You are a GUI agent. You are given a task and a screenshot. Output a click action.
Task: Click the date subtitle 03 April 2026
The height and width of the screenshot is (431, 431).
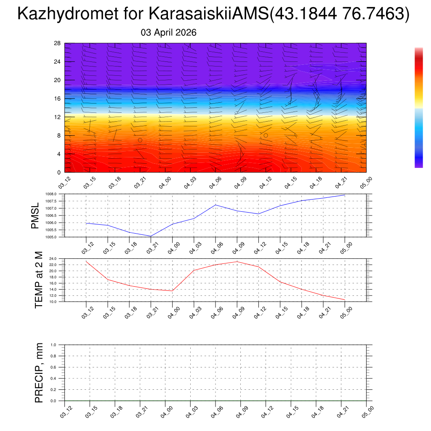point(168,33)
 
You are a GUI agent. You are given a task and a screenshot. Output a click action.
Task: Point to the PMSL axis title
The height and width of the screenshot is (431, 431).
point(35,215)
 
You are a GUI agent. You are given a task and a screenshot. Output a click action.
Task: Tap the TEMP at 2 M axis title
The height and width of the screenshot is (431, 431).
point(39,280)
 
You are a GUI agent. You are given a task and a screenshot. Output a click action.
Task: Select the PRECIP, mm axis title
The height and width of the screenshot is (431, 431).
point(39,373)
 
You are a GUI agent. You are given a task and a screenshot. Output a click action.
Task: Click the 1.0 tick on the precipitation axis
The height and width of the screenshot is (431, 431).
point(53,345)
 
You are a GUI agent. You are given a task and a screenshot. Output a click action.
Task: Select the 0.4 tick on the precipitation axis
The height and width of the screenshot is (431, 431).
point(53,378)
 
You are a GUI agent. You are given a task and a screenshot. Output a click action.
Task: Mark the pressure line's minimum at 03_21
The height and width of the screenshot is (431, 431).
point(151,236)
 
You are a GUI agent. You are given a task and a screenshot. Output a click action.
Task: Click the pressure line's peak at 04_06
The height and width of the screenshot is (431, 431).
point(215,205)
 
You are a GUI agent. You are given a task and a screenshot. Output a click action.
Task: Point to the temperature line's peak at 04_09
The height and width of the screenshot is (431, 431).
point(237,261)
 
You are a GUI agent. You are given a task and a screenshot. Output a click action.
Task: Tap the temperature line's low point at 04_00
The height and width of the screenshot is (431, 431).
point(172,291)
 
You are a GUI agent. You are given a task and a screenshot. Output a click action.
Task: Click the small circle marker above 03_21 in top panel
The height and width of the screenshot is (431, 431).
point(140,140)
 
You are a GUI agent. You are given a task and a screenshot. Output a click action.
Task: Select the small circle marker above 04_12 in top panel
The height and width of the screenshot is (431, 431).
point(266,136)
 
